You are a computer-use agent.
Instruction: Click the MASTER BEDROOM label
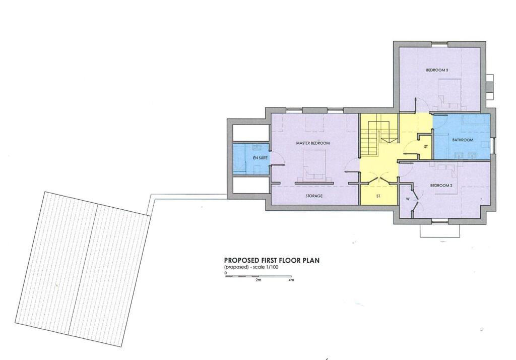(312, 143)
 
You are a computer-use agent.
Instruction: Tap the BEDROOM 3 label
(437, 70)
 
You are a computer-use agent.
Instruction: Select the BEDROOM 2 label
(441, 186)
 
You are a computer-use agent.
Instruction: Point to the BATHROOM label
(463, 140)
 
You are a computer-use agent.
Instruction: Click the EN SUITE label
(261, 158)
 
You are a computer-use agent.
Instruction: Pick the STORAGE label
(314, 196)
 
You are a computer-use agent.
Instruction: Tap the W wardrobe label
(408, 199)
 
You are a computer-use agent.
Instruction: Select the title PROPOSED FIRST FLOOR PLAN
(272, 261)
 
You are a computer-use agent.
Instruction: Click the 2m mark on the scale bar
(259, 280)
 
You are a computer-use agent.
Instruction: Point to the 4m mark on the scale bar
(291, 280)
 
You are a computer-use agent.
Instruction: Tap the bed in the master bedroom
(314, 164)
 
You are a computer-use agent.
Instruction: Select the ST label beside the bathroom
(426, 147)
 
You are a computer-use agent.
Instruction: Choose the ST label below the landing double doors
(378, 196)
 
